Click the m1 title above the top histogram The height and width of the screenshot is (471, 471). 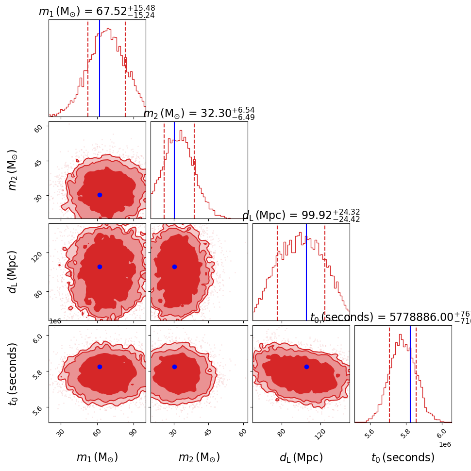[97, 11]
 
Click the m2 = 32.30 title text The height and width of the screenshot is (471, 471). [199, 114]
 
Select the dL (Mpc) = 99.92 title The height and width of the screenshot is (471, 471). [301, 216]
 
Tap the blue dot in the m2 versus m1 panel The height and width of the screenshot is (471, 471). [100, 195]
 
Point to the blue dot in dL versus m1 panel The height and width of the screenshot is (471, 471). [100, 267]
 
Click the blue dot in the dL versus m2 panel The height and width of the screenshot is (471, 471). [174, 267]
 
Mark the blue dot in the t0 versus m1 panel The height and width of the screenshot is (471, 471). [100, 367]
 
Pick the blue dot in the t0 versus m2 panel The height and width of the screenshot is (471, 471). [174, 367]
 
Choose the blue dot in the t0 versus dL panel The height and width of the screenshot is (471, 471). [306, 367]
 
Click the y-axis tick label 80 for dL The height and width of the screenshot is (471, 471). [38, 292]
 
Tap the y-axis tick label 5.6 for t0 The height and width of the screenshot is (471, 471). [37, 408]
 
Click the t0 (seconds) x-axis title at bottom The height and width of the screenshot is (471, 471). [403, 457]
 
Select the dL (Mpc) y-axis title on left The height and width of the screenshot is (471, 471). [13, 272]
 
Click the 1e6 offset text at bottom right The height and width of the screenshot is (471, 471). [445, 444]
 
